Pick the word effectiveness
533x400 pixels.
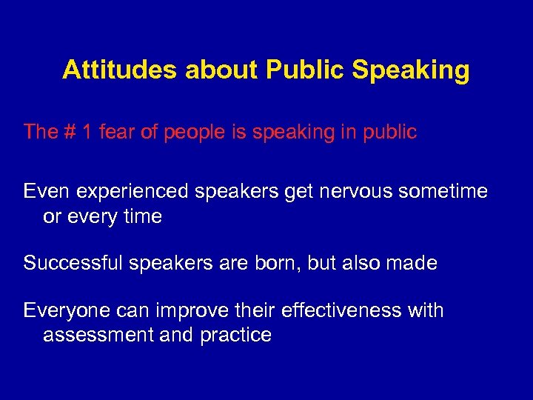(x=343, y=310)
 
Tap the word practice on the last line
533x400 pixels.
(x=235, y=336)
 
